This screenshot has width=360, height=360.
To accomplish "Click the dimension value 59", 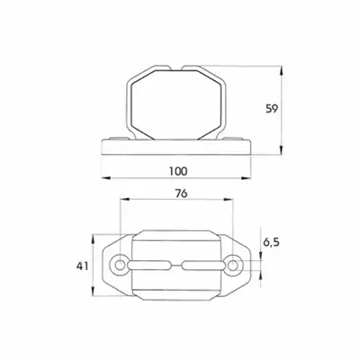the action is click(x=272, y=109).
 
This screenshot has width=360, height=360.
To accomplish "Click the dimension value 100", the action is click(x=178, y=171).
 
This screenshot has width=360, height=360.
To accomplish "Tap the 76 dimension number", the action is click(x=181, y=193).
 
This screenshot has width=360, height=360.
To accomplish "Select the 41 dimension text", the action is click(x=83, y=265).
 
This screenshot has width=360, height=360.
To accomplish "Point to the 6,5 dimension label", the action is click(x=271, y=242).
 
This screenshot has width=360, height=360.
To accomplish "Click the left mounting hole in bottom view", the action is click(x=120, y=265).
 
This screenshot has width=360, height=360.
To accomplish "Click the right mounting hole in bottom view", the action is click(x=232, y=265).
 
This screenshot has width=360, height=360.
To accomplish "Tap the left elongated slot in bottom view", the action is click(x=149, y=265).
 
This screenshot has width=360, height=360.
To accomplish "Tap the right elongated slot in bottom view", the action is click(x=202, y=265).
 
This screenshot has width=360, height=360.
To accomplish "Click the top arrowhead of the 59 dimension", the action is click(x=281, y=71).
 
